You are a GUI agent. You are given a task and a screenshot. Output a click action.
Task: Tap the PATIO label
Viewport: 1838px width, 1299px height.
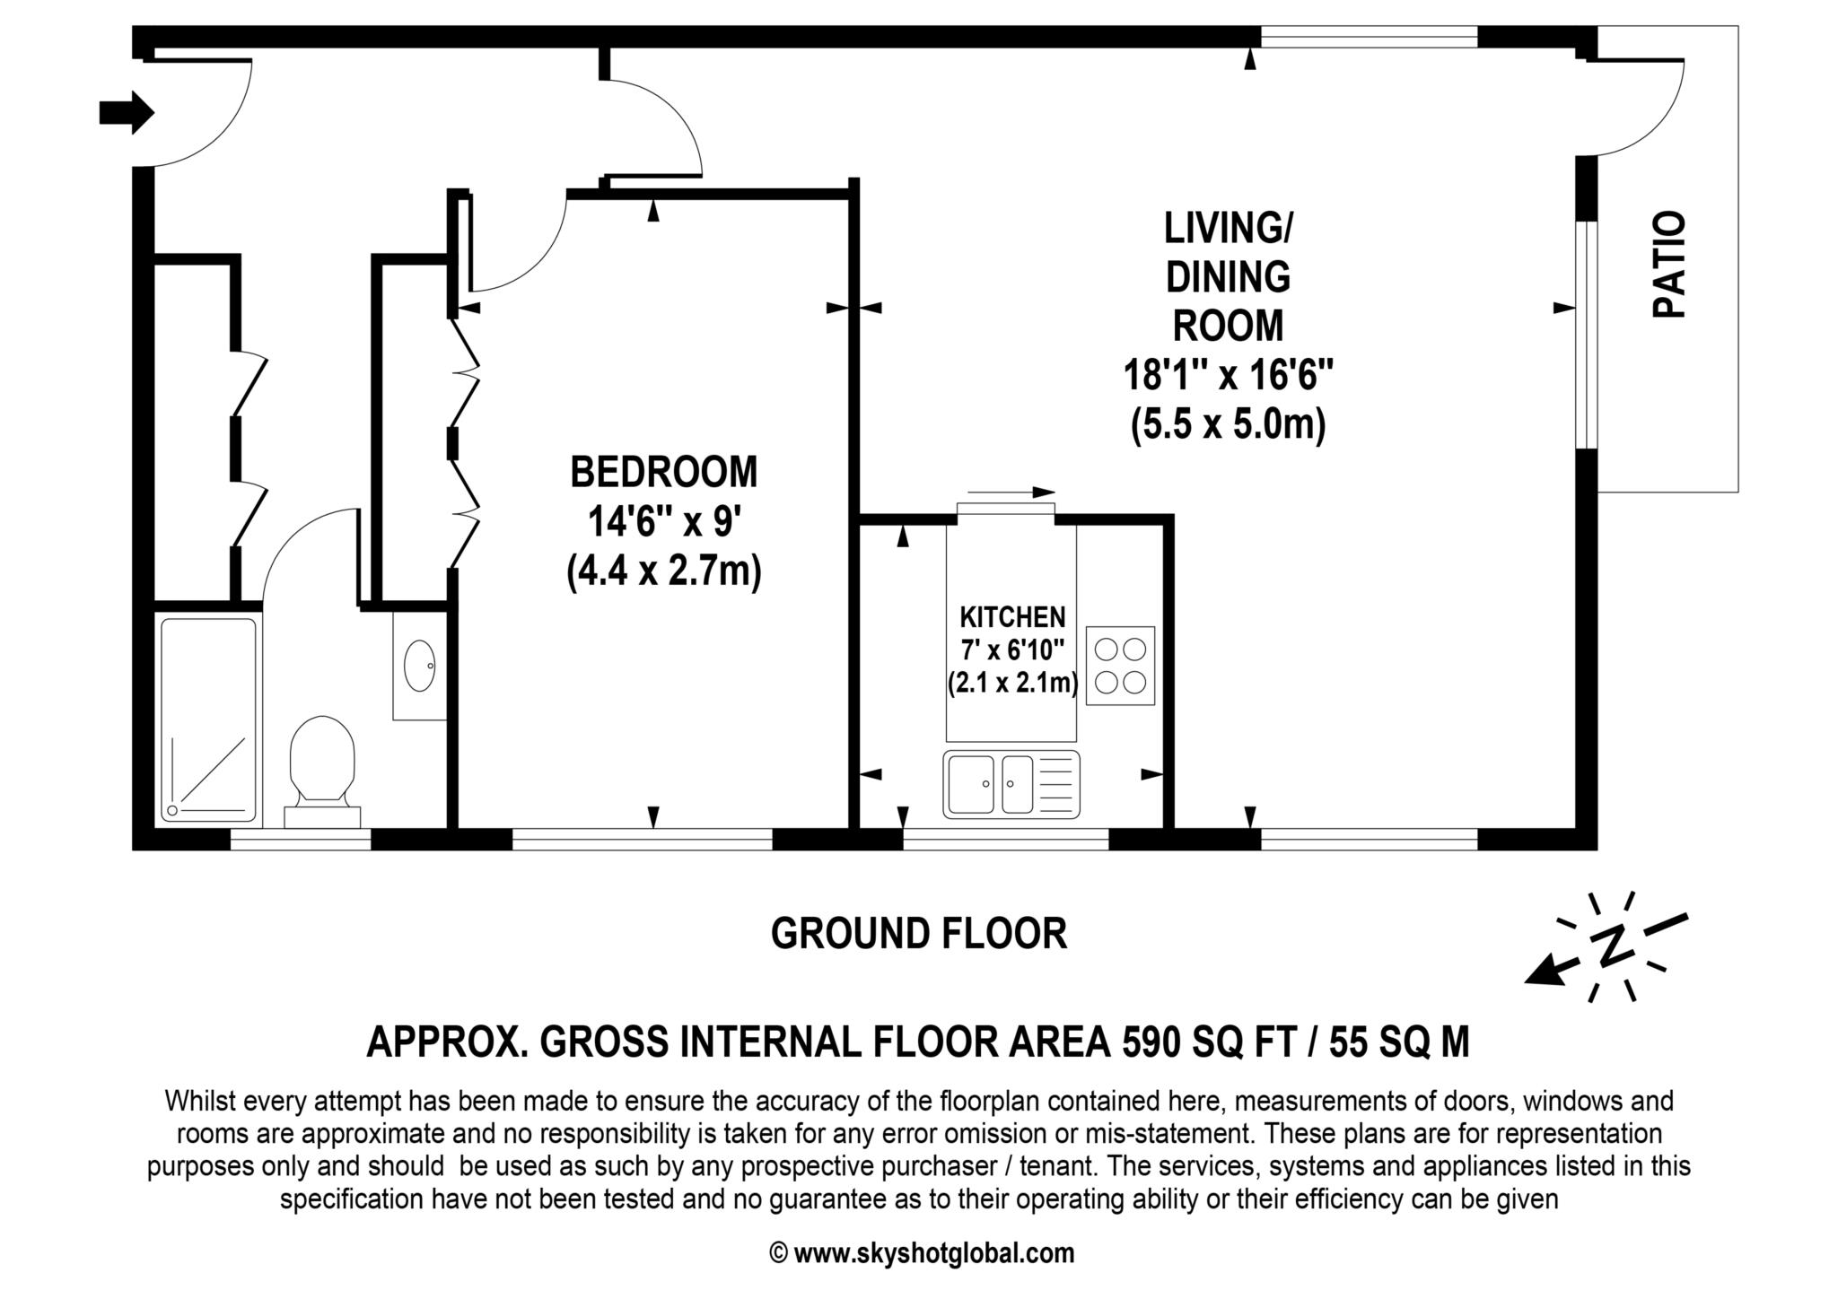(1669, 266)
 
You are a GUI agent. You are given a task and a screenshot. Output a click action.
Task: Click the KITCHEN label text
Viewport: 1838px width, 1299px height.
(1012, 617)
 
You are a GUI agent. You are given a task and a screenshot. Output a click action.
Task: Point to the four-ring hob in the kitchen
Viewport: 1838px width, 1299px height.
(1120, 665)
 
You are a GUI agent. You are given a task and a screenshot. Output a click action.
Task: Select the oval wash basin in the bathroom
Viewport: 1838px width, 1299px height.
(419, 665)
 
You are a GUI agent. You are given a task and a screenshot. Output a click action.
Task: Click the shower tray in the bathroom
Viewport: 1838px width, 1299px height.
(208, 719)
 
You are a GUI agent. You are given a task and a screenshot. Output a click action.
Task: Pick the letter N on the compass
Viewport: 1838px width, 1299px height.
(1612, 946)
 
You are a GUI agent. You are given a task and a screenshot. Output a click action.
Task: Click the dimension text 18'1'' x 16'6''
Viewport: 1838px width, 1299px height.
(1228, 375)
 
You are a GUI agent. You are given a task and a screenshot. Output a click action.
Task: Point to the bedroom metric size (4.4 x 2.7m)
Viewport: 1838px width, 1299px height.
(663, 571)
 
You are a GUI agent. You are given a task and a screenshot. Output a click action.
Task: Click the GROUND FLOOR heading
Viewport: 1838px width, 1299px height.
(919, 934)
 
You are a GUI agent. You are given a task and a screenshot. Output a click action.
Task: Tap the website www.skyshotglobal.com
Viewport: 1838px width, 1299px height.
(933, 1253)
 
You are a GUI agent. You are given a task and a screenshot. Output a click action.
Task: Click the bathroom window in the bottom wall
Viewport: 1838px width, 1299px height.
(300, 840)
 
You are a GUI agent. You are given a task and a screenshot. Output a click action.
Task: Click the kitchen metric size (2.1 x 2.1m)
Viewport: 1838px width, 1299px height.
(1012, 683)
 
